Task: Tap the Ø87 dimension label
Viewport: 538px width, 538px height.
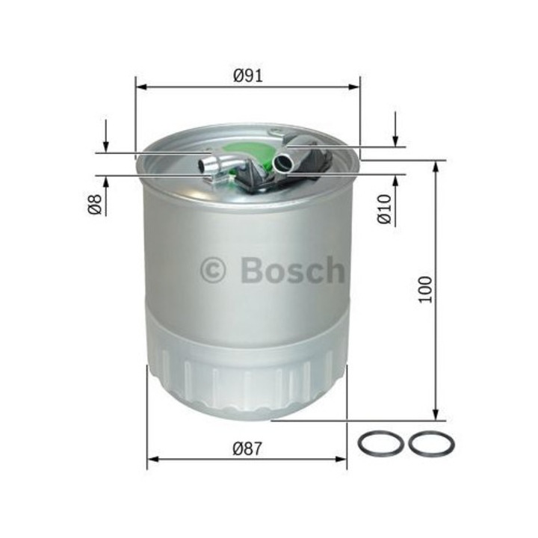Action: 247,449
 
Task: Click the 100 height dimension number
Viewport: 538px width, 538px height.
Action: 426,290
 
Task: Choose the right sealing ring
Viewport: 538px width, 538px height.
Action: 431,445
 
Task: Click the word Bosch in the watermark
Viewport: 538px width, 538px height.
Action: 293,270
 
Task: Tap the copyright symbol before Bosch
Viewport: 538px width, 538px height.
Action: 213,270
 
